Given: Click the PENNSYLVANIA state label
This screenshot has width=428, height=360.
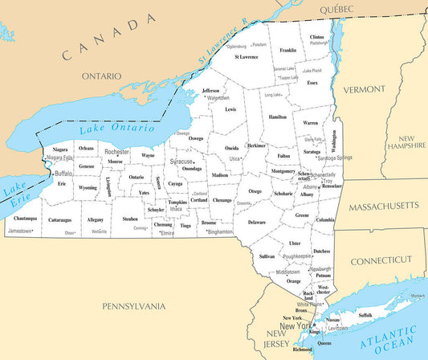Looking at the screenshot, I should coord(133,306).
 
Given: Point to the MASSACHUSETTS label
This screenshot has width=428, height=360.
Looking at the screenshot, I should coord(383,206).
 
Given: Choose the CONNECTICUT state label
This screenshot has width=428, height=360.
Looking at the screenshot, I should coord(381,260).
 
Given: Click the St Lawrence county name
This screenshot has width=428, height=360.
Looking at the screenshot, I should coord(246,57).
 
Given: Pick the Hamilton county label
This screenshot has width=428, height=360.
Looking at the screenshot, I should coord(278,117).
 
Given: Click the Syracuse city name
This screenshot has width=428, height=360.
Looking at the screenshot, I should coord(187,161).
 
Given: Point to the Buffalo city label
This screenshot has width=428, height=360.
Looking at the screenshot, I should coord(63,173).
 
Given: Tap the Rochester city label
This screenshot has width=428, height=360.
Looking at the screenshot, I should coord(116,151).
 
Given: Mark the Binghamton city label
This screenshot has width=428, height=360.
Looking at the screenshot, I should coord(220,231).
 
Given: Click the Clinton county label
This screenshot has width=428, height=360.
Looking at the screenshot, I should coord(317,37).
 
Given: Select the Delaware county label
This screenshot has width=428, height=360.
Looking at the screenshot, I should coord(256,222).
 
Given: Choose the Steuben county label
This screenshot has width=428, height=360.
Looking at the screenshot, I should coord(130,219).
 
